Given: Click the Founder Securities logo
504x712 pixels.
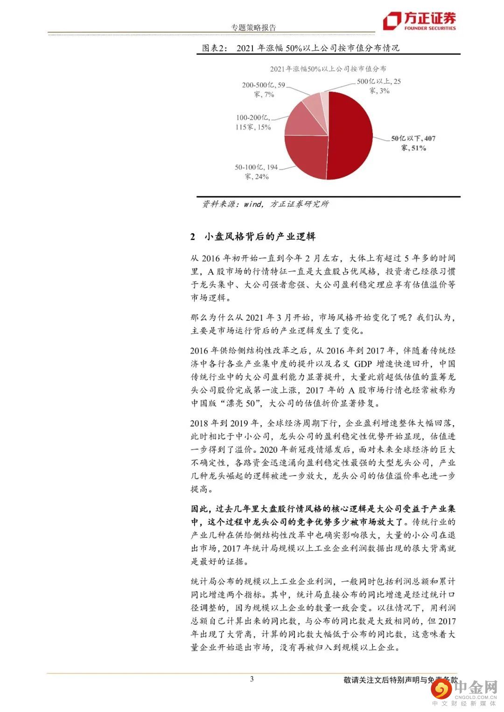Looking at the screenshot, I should pos(419,21).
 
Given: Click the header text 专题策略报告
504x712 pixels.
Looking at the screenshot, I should pos(254,28).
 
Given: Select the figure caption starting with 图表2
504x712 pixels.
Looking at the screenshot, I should pos(301,48).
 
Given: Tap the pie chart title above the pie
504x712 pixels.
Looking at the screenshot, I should pos(328,69).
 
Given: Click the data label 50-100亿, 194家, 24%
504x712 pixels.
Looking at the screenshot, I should pos(256,172).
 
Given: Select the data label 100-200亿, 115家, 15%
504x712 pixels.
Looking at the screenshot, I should pos(253,122).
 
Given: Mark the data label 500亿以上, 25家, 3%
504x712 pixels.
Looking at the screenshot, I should pos(378,86).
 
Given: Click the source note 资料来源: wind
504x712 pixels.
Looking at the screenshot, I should pos(265,204).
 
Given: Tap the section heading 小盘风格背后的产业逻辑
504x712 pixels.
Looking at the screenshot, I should pos(260,236).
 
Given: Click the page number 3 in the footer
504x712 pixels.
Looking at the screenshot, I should pos(252,679).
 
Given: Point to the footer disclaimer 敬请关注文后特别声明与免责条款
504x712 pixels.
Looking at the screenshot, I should pos(400,680).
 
